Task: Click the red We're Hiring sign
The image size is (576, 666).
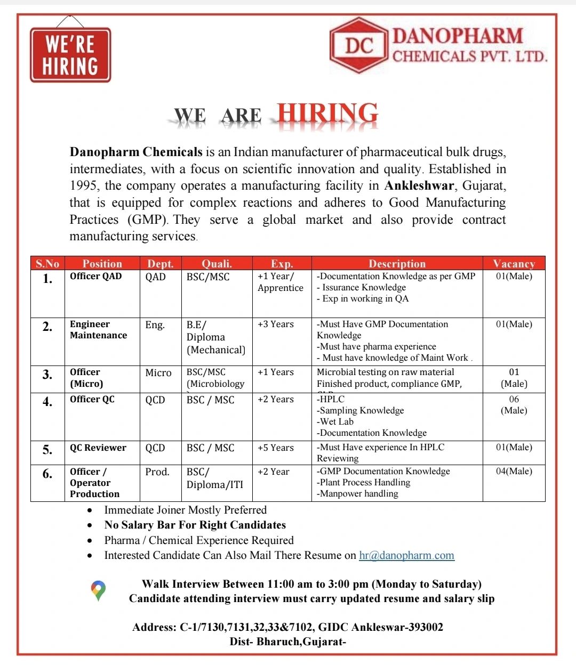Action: (70, 54)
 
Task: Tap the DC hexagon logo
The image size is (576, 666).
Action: (358, 45)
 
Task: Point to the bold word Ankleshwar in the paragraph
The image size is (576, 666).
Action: (419, 185)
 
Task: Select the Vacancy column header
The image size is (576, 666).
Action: (514, 263)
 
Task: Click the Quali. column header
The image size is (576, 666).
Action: (217, 263)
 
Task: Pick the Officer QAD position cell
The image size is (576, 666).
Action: (96, 276)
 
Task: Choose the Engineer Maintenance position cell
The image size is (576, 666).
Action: (98, 329)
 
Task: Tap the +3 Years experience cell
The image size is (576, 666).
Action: (276, 324)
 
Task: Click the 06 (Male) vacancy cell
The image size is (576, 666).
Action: (514, 405)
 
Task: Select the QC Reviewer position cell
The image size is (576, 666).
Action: (98, 448)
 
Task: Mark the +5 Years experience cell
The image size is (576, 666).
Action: (276, 448)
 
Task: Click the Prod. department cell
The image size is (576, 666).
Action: (157, 472)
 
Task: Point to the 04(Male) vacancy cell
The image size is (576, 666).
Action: (514, 471)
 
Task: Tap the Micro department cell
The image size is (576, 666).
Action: (158, 372)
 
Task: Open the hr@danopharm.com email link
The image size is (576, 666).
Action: (406, 555)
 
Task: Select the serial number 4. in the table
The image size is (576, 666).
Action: (47, 402)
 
